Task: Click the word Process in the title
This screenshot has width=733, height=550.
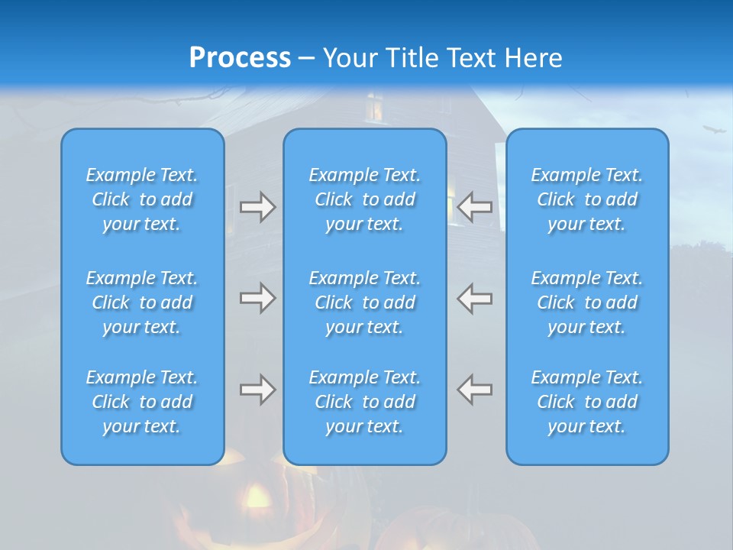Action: coord(240,57)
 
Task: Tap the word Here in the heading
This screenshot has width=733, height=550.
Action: coord(532,57)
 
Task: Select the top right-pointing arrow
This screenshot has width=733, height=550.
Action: coord(258,207)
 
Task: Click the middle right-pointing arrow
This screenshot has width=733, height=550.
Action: coord(258,298)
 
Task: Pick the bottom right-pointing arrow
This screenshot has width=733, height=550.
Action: coord(258,390)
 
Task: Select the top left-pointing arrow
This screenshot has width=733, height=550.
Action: coord(475,206)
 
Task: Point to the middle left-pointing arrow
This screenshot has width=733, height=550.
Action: coord(475,298)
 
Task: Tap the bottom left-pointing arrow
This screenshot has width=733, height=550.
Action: coord(475,390)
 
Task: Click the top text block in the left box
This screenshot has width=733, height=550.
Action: coord(142,199)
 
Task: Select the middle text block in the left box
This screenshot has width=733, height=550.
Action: coord(142,302)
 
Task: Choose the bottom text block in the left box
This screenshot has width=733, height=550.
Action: coord(142,402)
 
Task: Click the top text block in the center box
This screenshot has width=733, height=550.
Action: coord(365,199)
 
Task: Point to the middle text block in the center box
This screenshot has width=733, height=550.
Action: coord(365,302)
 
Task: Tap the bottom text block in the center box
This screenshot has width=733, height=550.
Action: coord(365,402)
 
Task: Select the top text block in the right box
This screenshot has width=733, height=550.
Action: coord(587,199)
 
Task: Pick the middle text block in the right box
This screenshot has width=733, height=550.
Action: coord(587,302)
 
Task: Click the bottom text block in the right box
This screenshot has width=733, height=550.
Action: coord(587,402)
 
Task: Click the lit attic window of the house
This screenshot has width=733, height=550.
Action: coord(374,108)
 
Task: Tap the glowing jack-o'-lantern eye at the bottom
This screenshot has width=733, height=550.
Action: coord(257,500)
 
